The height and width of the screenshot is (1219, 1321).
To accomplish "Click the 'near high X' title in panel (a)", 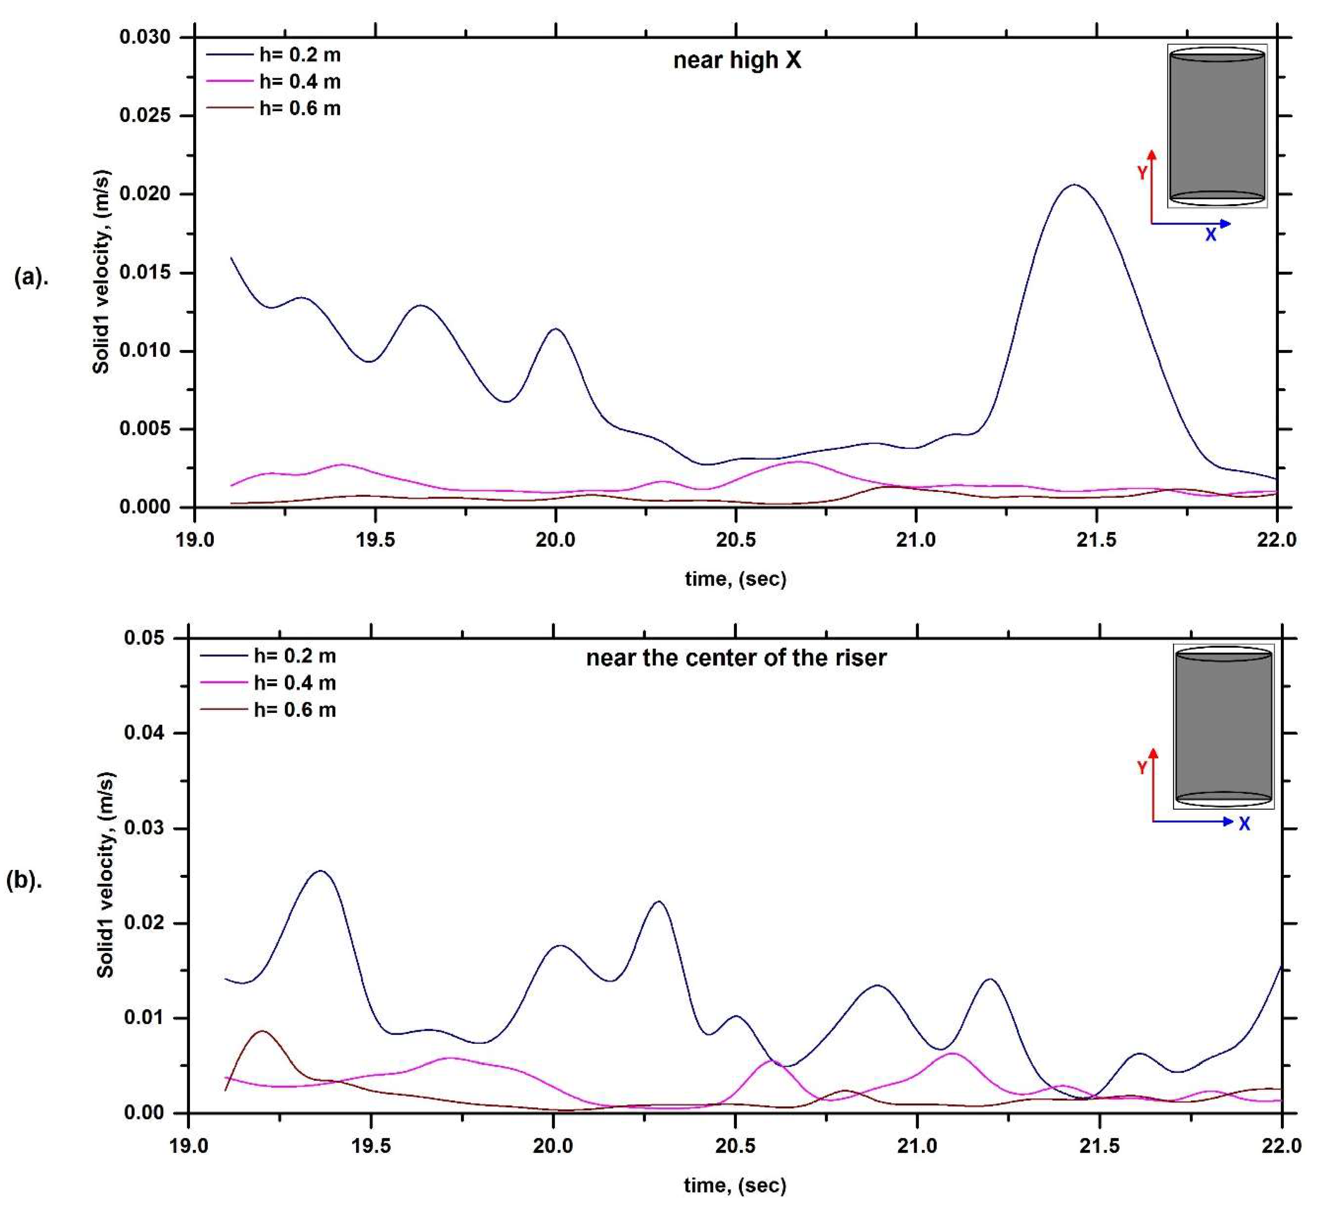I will point(736,60).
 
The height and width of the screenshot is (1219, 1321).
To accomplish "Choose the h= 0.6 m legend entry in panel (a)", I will point(274,108).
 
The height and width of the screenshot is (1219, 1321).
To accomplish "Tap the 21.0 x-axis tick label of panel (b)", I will point(917,1146).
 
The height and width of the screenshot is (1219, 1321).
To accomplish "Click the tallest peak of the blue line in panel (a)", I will point(1075,185).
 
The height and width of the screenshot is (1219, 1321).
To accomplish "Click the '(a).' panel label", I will point(31,277).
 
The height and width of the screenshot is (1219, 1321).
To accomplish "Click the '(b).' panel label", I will point(25,881).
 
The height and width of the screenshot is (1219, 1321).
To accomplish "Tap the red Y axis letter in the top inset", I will point(1142,173).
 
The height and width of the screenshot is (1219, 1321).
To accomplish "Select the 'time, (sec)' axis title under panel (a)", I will point(735,579).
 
